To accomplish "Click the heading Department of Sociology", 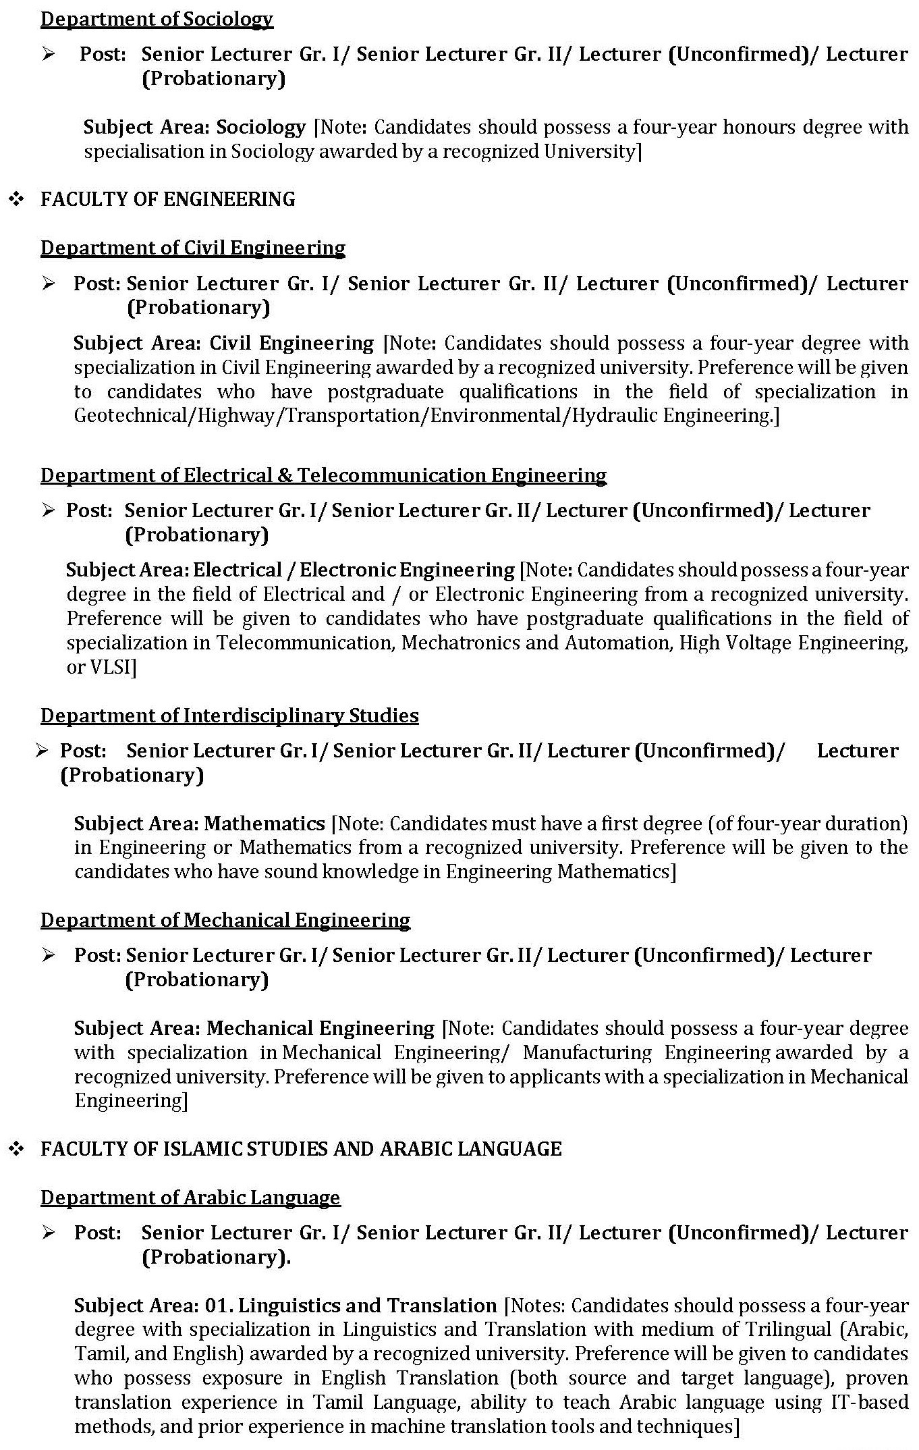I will [157, 19].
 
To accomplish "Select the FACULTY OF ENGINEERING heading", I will [167, 199].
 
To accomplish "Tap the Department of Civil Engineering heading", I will [193, 248].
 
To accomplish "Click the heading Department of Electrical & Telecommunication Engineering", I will [323, 475].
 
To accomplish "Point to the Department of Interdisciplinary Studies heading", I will [229, 716].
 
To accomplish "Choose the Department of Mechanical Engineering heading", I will [225, 920].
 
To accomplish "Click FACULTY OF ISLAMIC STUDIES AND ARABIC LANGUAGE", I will [301, 1149].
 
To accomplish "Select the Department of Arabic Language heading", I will [190, 1198].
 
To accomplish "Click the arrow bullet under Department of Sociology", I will [48, 54].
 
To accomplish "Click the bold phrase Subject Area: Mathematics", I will [200, 824].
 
